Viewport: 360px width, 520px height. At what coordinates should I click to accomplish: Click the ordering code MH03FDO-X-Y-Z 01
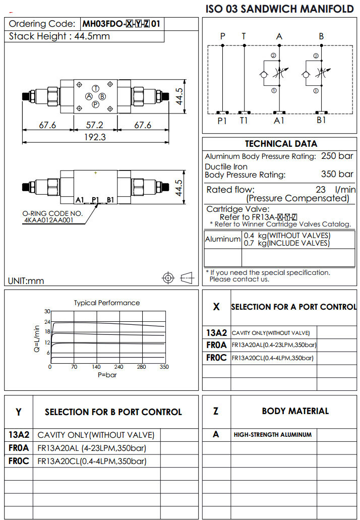click(123, 24)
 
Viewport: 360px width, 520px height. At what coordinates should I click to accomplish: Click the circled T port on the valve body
click(95, 88)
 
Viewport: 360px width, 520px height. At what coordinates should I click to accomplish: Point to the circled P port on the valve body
click(95, 104)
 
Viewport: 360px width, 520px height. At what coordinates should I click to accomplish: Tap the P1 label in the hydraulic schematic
click(222, 121)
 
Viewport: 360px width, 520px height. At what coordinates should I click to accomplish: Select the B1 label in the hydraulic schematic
click(321, 121)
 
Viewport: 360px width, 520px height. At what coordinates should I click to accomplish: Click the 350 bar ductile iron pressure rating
click(337, 175)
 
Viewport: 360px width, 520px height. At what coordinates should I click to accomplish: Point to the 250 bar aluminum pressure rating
click(337, 156)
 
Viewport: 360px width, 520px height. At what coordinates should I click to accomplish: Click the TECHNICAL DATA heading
click(281, 144)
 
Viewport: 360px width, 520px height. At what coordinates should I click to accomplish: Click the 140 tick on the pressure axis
click(96, 367)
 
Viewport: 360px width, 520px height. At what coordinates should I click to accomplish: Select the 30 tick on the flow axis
click(47, 311)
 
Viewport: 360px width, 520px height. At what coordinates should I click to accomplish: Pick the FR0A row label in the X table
click(216, 345)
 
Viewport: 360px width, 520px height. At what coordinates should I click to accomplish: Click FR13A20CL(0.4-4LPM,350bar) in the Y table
click(92, 461)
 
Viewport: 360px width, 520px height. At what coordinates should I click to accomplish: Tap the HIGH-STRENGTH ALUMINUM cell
click(272, 435)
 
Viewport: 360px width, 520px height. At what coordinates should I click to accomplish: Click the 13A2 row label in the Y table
click(19, 435)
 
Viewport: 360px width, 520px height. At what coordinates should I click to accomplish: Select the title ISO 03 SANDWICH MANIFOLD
click(280, 9)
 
